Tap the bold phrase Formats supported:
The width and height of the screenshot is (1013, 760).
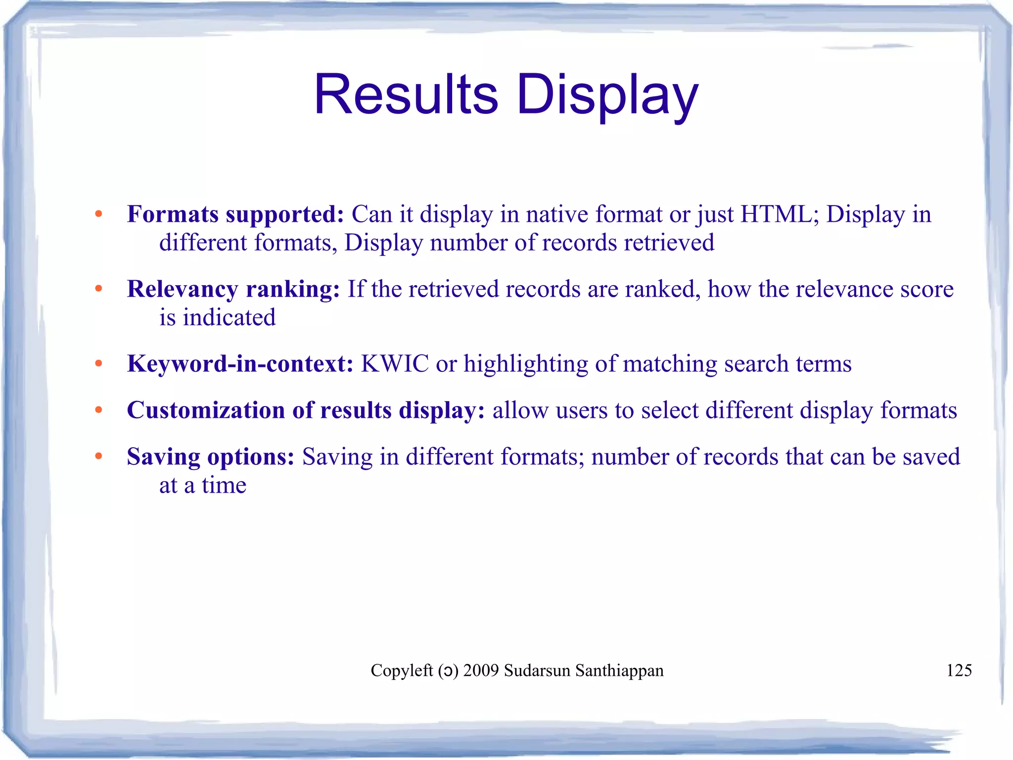click(x=235, y=214)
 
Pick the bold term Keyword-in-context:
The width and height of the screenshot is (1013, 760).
click(x=240, y=364)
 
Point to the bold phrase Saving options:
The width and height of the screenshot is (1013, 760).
click(x=211, y=456)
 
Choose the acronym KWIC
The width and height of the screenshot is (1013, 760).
click(x=395, y=364)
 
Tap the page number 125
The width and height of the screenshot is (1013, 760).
click(x=959, y=670)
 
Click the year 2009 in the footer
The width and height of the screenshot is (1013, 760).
click(x=481, y=670)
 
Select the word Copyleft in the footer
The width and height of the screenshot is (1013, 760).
click(x=402, y=670)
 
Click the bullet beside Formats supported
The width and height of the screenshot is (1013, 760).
click(x=98, y=214)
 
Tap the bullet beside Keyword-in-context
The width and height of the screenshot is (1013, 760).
click(x=98, y=364)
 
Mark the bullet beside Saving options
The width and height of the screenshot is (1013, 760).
click(x=98, y=456)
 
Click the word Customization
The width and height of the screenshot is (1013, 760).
click(x=206, y=410)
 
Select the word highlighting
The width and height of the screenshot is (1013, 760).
click(x=526, y=364)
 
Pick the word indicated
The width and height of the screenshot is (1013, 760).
click(x=229, y=318)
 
